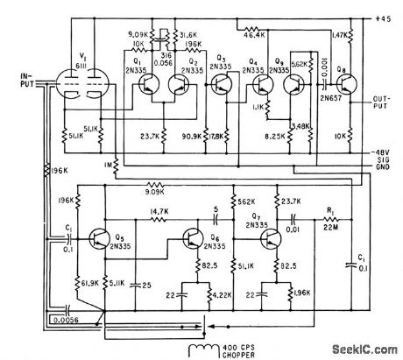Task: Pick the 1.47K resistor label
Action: pyautogui.click(x=341, y=35)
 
